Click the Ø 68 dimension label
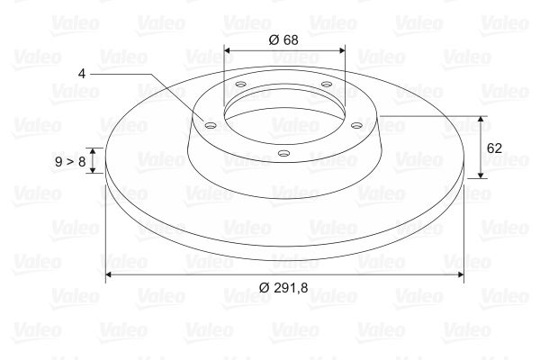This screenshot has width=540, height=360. tap(283, 40)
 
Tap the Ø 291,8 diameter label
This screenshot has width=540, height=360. tap(283, 287)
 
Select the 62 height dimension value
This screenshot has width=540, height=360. tap(494, 148)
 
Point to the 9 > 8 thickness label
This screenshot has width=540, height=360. tap(70, 161)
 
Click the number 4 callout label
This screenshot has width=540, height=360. tap(81, 74)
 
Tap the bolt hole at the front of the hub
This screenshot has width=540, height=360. tap(283, 153)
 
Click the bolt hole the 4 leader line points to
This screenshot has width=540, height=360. tap(210, 125)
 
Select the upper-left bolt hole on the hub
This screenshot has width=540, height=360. tap(240, 84)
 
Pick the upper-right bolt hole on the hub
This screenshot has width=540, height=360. tap(326, 84)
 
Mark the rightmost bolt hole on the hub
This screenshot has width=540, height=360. tap(356, 125)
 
